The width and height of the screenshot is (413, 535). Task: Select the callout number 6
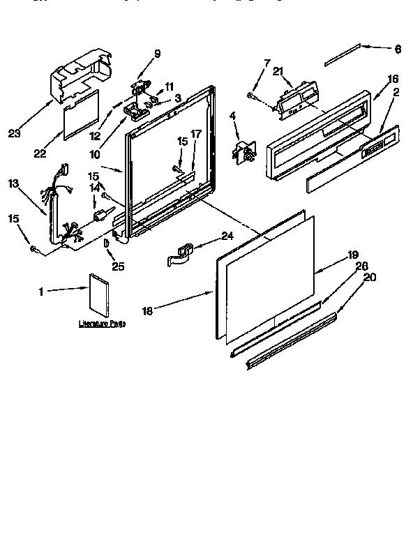pyautogui.click(x=398, y=49)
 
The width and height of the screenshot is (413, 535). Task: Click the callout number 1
pyautogui.click(x=42, y=292)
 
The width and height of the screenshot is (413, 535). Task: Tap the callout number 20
pyautogui.click(x=370, y=277)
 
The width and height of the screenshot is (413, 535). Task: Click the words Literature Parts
pyautogui.click(x=102, y=324)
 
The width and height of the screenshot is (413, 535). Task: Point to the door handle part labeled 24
pyautogui.click(x=183, y=253)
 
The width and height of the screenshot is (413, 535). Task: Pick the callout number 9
pyautogui.click(x=157, y=53)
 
